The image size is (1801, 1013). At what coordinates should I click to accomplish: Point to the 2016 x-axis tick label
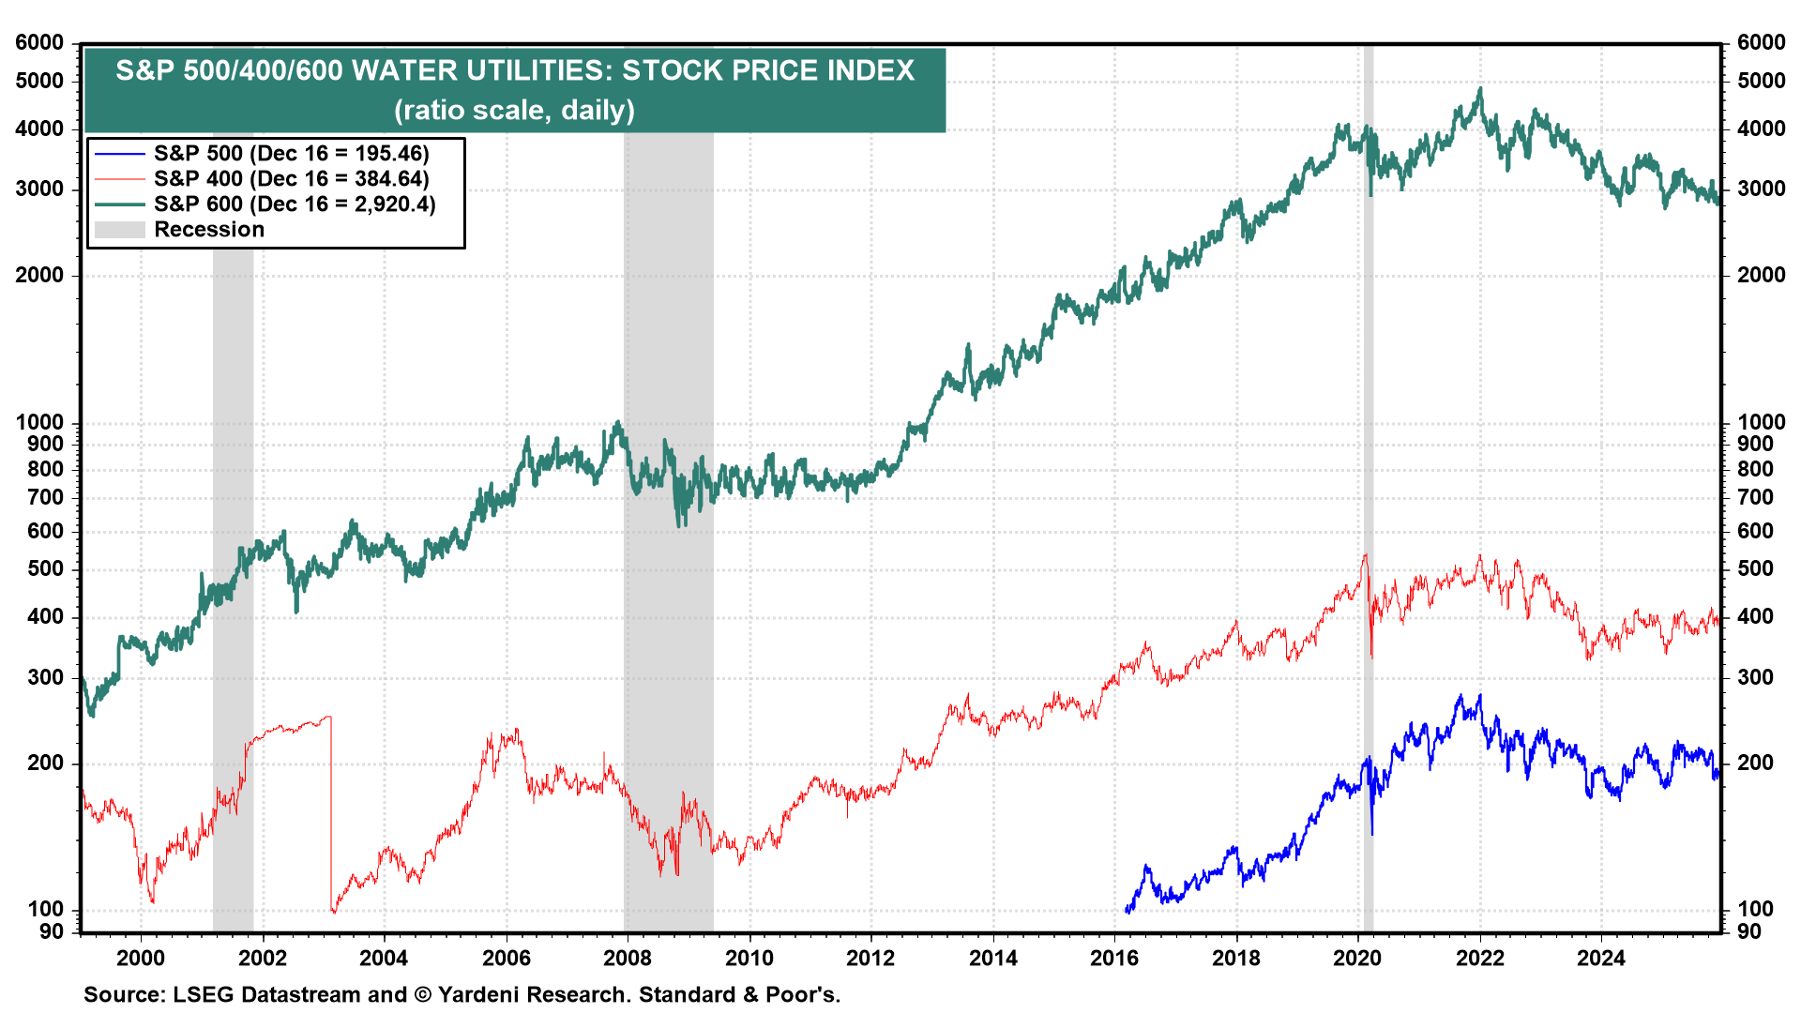point(1114,958)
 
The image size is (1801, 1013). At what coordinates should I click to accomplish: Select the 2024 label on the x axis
point(1601,958)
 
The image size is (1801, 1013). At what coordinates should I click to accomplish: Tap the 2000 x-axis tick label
point(141,958)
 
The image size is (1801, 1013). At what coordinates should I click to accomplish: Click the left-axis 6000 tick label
point(39,42)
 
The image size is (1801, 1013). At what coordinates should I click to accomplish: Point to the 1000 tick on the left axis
point(39,422)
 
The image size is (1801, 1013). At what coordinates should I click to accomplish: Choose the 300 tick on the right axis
point(1755,677)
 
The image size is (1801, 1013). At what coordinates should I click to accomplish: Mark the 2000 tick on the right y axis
point(1761,275)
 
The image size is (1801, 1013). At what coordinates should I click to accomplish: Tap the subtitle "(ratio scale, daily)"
point(514,111)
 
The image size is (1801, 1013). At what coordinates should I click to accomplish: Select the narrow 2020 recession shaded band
point(1369,469)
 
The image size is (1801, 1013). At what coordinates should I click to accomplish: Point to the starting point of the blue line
point(1126,910)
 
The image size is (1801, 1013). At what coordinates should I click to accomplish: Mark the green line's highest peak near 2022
point(1480,89)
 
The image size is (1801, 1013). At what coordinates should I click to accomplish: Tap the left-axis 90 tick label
point(51,931)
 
